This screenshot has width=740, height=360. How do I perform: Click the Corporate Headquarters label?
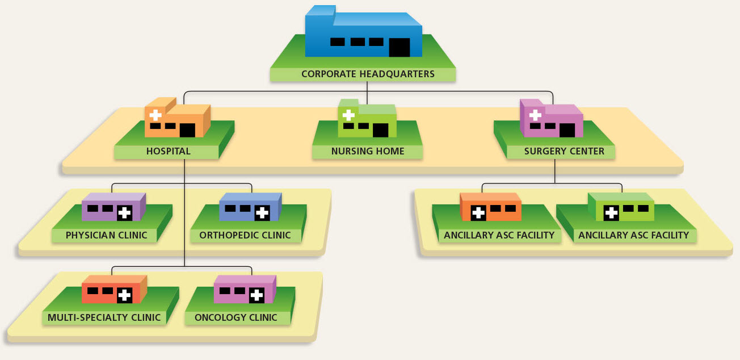[368, 74]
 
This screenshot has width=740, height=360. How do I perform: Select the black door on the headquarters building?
[399, 48]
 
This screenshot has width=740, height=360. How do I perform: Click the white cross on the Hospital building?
[155, 115]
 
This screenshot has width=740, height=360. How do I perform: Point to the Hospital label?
[168, 152]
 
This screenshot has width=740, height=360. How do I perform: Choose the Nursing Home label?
[368, 152]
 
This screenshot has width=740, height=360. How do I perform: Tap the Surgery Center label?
[560, 152]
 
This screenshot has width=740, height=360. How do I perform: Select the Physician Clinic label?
[106, 235]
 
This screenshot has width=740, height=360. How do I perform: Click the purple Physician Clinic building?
[113, 207]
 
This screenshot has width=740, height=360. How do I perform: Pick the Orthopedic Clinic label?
[245, 235]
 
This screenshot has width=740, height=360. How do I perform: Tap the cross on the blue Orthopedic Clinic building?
[262, 214]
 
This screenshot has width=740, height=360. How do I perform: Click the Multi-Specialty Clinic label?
[104, 317]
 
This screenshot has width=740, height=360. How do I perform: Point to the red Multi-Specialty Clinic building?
[113, 290]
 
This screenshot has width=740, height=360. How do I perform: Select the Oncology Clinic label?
[236, 317]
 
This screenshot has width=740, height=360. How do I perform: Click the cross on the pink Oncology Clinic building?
[257, 295]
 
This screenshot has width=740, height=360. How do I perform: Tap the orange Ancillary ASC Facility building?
[490, 207]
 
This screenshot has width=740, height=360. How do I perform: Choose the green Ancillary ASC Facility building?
[621, 207]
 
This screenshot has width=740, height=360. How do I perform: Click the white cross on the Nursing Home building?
[348, 115]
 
